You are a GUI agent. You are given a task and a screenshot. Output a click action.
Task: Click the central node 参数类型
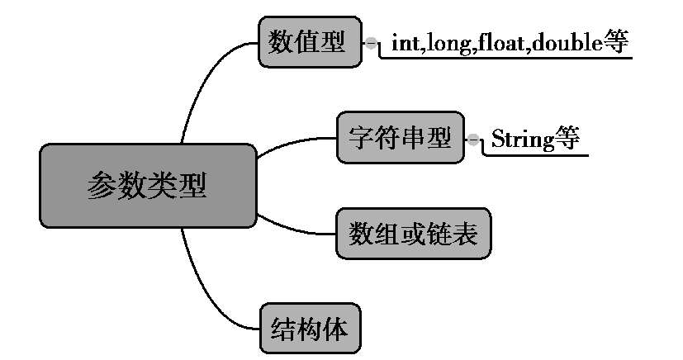(148, 186)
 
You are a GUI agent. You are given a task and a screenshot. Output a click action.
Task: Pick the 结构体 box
(309, 329)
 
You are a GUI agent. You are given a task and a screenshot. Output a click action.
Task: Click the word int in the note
(405, 44)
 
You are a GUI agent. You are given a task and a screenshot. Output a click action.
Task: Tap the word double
(564, 44)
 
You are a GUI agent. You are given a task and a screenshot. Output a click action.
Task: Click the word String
(520, 139)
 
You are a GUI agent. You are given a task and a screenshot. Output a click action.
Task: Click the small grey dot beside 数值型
(371, 42)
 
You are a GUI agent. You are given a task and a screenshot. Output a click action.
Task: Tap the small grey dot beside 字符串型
(473, 139)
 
